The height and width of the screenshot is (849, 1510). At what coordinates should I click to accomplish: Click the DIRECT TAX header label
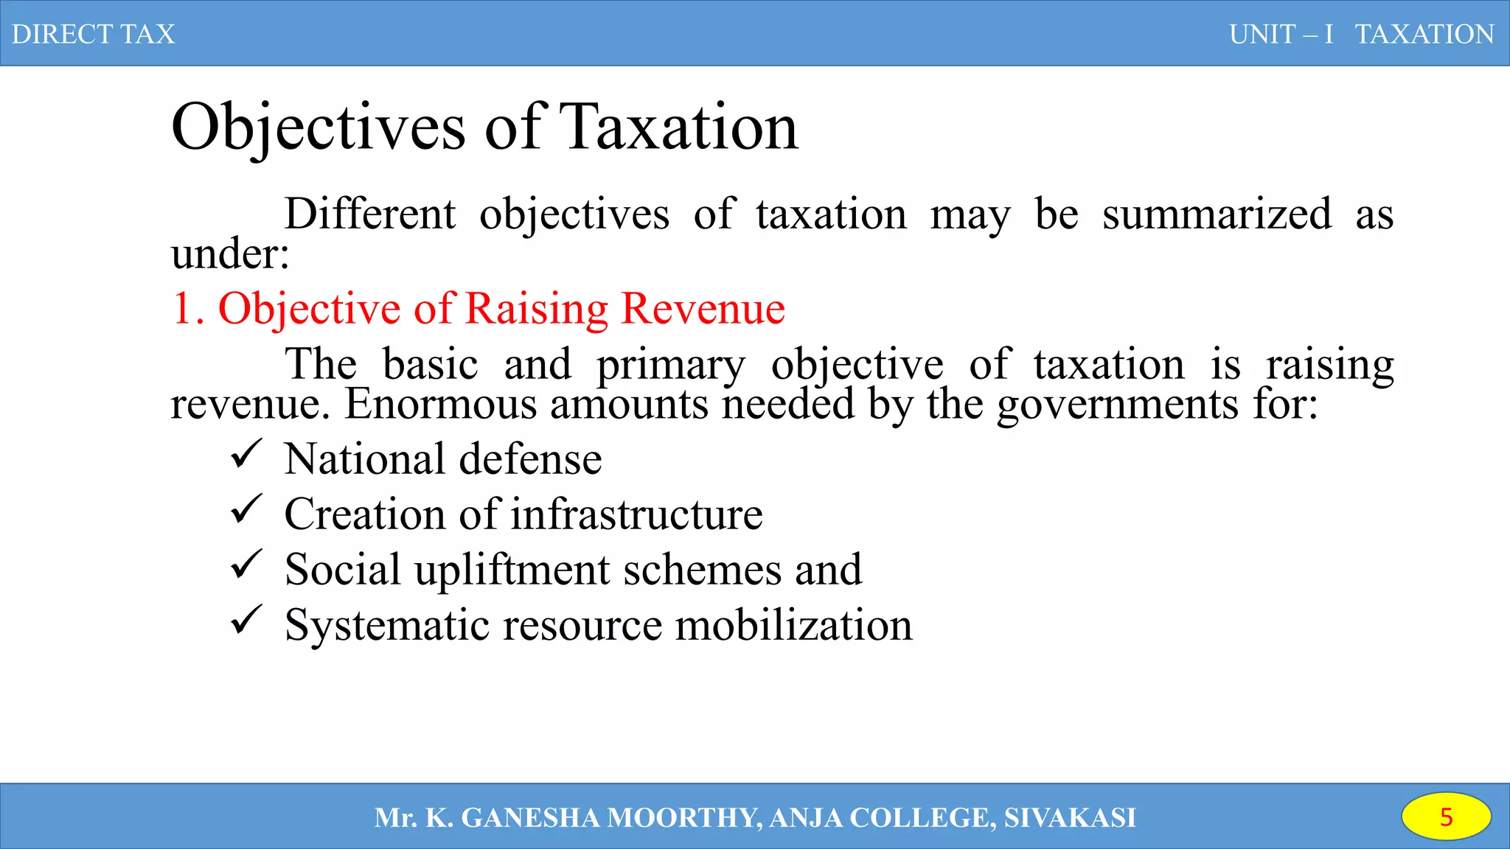(x=93, y=34)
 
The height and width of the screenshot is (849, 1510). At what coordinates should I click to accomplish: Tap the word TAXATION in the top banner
(x=1424, y=34)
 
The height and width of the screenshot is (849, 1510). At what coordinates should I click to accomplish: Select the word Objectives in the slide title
(x=318, y=127)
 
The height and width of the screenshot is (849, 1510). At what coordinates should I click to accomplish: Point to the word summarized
(x=1217, y=214)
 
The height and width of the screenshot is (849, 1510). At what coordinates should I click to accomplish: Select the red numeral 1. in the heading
(x=187, y=308)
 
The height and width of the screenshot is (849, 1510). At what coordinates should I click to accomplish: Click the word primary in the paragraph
(x=670, y=366)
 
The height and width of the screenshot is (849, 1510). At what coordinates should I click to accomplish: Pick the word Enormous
(x=440, y=405)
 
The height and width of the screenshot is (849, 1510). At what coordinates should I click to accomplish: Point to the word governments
(x=1118, y=405)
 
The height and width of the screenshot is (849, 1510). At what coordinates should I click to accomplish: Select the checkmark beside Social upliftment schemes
(x=246, y=565)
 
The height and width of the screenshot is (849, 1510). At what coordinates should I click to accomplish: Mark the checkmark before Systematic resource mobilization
(x=246, y=620)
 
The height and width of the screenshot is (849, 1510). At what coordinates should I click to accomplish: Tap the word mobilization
(x=793, y=625)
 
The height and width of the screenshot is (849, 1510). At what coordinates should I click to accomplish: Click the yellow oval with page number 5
(x=1446, y=817)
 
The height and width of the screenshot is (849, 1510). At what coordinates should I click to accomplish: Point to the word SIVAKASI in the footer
(x=1070, y=817)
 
